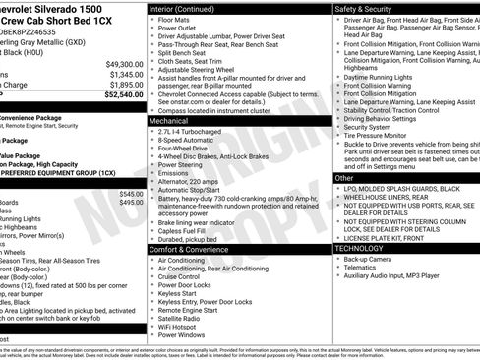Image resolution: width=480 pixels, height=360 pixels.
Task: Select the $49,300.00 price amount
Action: [x=122, y=63]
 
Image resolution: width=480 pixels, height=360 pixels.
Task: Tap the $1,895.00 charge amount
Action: [x=124, y=85]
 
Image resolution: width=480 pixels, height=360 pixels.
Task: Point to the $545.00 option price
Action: [x=130, y=194]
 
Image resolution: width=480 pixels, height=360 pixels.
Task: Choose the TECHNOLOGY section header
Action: [x=367, y=248]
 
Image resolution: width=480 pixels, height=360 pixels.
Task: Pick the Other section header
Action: [x=348, y=177]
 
